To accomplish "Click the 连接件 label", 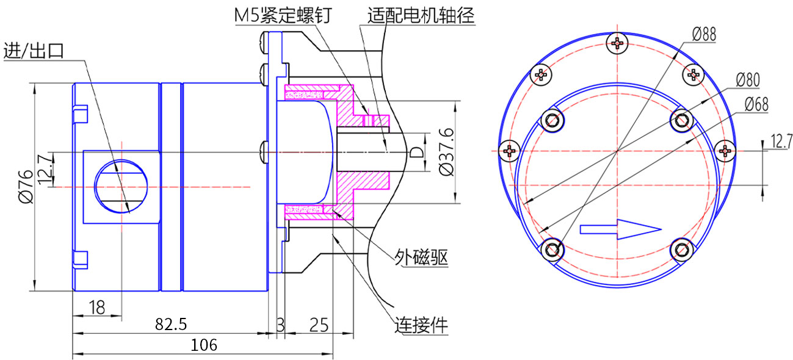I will [x=421, y=325].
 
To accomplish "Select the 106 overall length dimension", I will [x=204, y=345].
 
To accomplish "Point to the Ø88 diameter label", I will [x=703, y=34].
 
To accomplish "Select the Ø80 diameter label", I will [x=747, y=79].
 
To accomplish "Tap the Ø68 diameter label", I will [x=756, y=105].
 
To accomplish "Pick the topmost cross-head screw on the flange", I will [x=618, y=43].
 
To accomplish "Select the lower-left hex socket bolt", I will [x=552, y=250].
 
